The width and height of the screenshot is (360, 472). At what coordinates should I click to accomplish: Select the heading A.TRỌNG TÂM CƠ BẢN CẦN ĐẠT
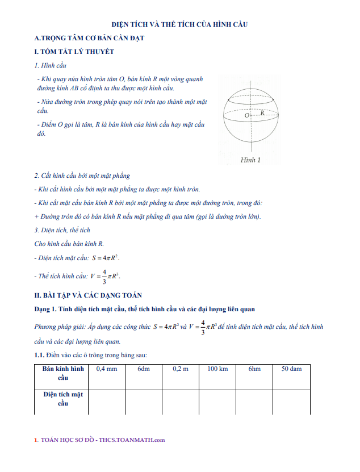(90, 38)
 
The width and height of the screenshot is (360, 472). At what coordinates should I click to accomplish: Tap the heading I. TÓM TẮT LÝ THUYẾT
(74, 52)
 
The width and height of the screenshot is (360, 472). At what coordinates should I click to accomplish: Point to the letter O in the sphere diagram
(247, 115)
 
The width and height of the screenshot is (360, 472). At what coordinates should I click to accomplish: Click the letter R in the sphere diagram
(262, 113)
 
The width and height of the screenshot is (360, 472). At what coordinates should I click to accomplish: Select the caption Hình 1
(250, 160)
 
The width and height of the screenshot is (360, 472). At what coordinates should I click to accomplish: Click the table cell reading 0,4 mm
(107, 369)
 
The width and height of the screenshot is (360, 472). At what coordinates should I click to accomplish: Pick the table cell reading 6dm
(143, 369)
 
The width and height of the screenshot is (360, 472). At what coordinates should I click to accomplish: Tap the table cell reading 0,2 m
(181, 369)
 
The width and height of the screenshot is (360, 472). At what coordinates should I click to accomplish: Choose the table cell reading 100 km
(217, 369)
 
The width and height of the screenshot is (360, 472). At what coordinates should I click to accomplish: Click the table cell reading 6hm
(254, 369)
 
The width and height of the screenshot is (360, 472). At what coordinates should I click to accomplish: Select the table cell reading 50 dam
(292, 369)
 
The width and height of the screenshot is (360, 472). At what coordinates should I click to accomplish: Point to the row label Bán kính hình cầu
(63, 373)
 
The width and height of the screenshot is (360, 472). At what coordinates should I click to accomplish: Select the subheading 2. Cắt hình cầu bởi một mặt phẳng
(82, 176)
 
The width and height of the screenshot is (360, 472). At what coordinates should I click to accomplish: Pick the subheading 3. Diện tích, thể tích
(62, 230)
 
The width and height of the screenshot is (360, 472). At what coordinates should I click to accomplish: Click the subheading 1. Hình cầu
(51, 65)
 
